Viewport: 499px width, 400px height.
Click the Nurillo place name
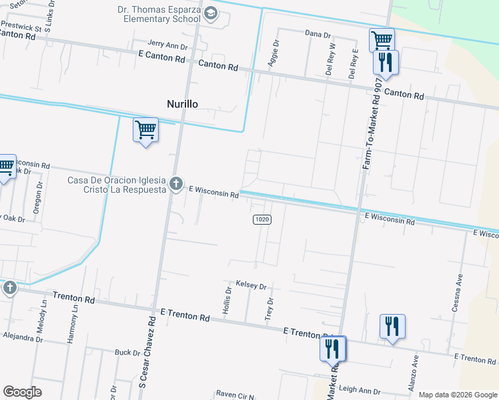182,103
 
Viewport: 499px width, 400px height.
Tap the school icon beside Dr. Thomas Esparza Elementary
211,14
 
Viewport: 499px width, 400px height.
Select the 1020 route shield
262,219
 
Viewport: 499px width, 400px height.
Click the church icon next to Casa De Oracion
176,183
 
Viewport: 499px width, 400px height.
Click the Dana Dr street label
318,33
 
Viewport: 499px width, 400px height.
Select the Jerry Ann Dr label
168,45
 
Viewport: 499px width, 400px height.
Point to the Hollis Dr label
227,301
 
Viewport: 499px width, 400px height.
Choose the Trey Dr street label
270,309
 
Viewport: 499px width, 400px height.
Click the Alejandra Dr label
22,338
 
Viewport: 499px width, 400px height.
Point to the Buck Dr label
127,352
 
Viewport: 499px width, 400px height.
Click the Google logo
23,392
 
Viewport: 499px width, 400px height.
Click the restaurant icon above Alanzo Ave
392,327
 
